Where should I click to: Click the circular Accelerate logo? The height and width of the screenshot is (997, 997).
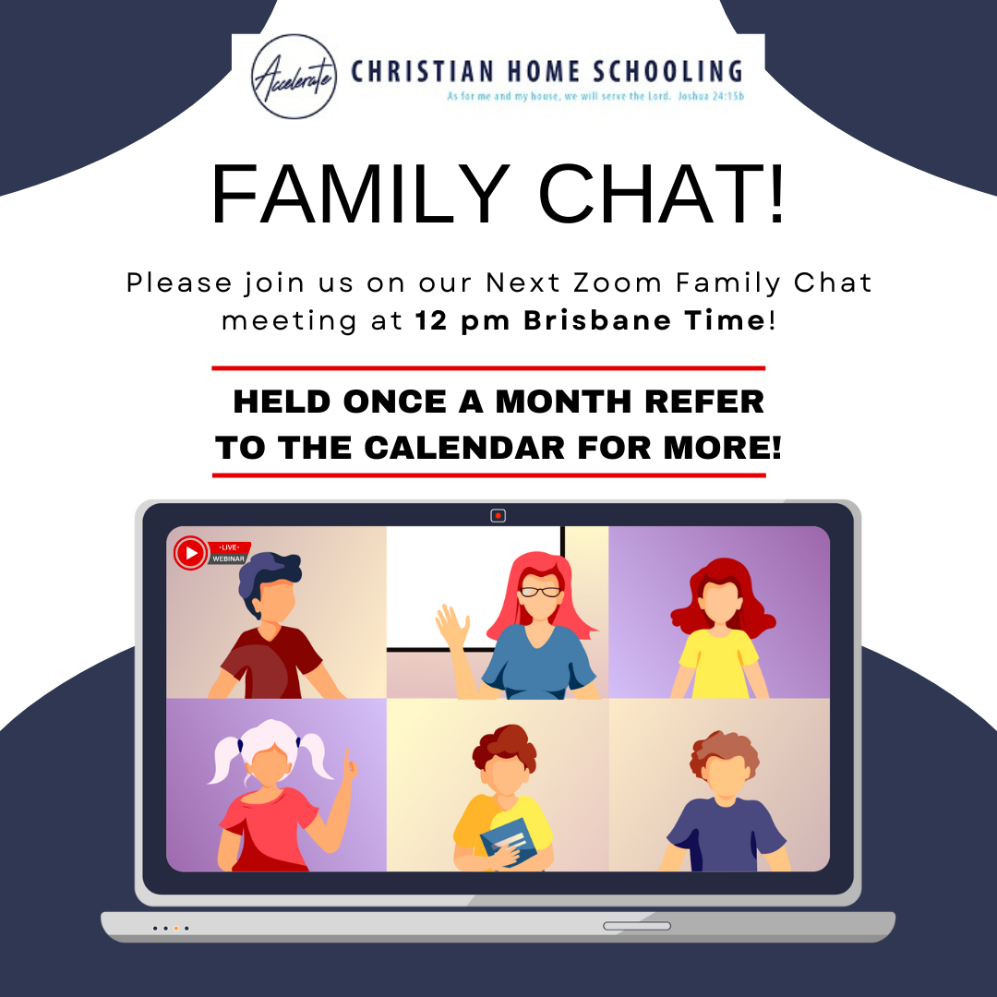(x=294, y=77)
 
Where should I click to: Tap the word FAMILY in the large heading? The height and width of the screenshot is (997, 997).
(x=361, y=194)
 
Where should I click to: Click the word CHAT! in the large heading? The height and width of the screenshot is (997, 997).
(x=662, y=194)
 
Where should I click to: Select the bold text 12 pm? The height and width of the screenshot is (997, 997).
(x=462, y=320)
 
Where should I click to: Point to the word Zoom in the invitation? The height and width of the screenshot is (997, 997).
(x=618, y=283)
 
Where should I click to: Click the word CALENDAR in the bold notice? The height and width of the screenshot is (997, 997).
(x=464, y=448)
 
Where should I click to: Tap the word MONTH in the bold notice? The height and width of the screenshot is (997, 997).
(x=563, y=402)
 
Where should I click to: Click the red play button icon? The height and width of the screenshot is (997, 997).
(x=191, y=553)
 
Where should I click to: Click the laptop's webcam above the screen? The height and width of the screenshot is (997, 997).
(x=498, y=516)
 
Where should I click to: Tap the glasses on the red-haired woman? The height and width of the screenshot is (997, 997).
(x=540, y=592)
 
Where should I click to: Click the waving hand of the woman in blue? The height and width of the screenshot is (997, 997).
(x=452, y=626)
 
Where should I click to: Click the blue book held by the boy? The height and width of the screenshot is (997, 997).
(x=509, y=841)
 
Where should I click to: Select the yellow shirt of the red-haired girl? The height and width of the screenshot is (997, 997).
(x=719, y=663)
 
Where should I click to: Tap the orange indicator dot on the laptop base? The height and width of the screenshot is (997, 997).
(x=176, y=929)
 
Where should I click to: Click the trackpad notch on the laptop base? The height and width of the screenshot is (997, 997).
(x=636, y=926)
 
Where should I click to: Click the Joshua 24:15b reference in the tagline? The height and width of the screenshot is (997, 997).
(x=710, y=97)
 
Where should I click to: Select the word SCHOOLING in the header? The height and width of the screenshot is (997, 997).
(x=667, y=71)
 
